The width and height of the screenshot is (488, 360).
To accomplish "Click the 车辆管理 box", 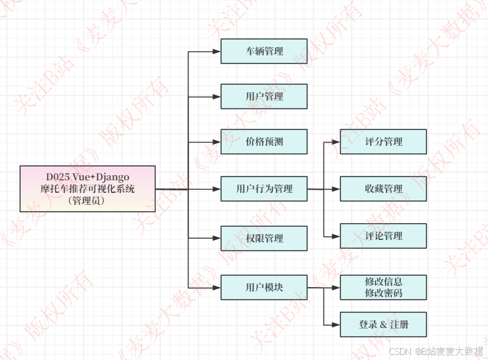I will tap(264, 51).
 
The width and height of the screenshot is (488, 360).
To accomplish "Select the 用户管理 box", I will tap(264, 97).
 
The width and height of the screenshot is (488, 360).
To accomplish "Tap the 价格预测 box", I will tap(264, 141).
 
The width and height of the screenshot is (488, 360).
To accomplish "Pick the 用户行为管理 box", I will tap(264, 188).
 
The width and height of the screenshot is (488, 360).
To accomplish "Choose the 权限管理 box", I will tap(264, 238).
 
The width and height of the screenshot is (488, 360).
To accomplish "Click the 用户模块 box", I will tap(264, 287).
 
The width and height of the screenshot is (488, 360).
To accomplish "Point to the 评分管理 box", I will tap(383, 141).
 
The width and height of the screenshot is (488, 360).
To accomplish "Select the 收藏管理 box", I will tap(383, 188).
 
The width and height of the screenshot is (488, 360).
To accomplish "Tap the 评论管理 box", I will tap(383, 236).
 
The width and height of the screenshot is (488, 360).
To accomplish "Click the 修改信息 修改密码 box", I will tap(383, 287).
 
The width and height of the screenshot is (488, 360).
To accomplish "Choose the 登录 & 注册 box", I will tap(383, 324).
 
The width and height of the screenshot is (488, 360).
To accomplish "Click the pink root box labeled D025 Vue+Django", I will tap(87, 188).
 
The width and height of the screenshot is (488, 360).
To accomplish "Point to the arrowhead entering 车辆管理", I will tap(217, 51).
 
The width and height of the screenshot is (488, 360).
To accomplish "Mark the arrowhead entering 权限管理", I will tap(217, 238).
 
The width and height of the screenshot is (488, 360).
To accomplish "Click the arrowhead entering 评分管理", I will tap(336, 141).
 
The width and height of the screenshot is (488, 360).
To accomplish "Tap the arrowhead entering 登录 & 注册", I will tap(336, 324).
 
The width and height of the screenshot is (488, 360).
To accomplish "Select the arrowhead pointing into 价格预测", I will tap(217, 141).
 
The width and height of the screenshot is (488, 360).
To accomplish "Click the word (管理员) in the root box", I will tap(87, 201).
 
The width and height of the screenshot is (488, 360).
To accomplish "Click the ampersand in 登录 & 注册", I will tap(382, 325).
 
